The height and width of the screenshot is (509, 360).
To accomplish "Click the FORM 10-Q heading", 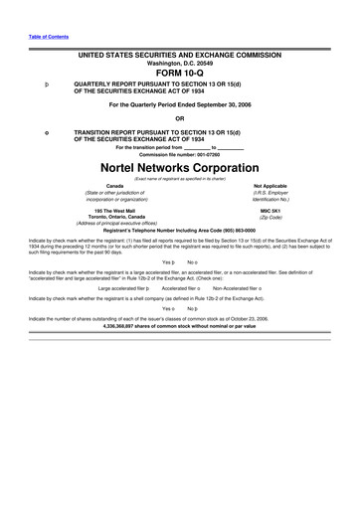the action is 180,71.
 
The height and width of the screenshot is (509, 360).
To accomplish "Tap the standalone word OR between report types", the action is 180,116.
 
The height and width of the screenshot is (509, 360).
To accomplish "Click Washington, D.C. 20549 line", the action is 180,60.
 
